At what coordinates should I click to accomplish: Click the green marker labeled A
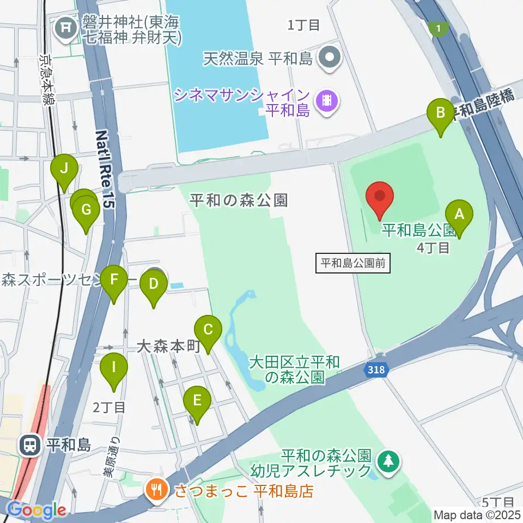click(x=459, y=214)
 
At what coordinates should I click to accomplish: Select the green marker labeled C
click(x=208, y=330)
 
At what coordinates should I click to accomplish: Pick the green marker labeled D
click(x=154, y=284)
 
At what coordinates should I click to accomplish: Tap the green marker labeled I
click(x=113, y=366)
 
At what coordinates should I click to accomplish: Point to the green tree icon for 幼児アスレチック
click(x=388, y=461)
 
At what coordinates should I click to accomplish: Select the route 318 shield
click(x=375, y=370)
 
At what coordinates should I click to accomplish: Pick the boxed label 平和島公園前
click(x=353, y=264)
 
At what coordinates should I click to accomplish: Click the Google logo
click(x=36, y=510)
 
